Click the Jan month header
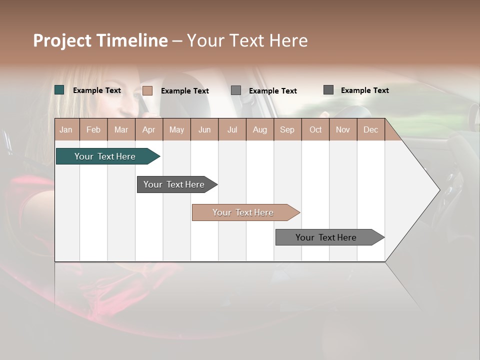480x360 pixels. (66, 130)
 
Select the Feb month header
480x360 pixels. (93, 130)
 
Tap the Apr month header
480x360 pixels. (148, 130)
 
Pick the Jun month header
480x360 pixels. (204, 130)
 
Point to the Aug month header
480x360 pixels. (259, 130)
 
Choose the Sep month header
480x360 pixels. (287, 130)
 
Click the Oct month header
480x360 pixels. (315, 130)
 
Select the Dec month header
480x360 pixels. (370, 130)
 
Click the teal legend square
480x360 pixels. (59, 90)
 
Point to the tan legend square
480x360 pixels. (147, 90)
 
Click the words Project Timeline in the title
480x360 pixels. (100, 40)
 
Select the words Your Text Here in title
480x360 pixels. (247, 40)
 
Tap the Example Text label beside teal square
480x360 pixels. (97, 90)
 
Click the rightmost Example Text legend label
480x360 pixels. (364, 90)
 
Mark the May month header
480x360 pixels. (176, 130)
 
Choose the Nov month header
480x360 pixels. (343, 130)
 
